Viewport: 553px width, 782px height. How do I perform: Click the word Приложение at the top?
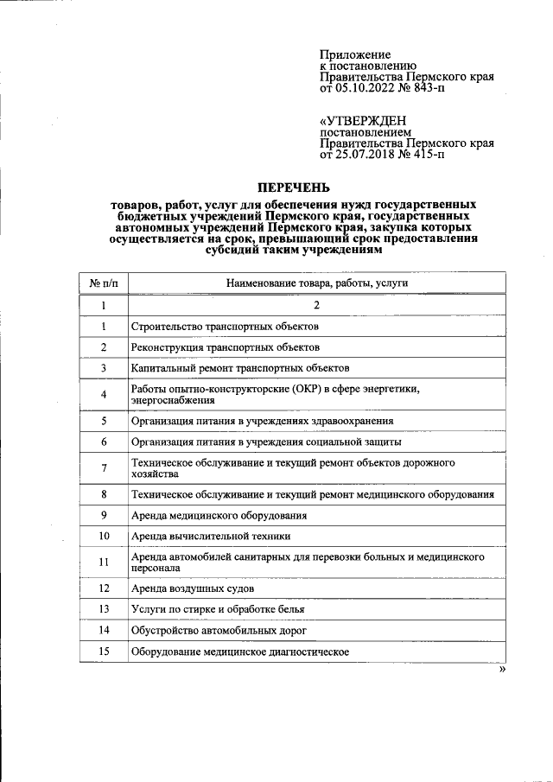[x=355, y=54]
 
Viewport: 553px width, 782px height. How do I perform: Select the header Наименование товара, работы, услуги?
[x=316, y=283]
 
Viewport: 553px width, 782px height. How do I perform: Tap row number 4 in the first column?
[x=103, y=395]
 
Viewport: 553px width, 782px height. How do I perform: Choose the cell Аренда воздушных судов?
[x=192, y=588]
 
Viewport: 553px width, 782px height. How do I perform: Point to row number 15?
[x=103, y=652]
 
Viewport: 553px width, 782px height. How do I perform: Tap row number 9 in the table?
[x=103, y=516]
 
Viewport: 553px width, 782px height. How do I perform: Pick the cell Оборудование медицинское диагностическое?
[x=239, y=652]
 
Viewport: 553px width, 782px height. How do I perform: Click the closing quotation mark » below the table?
[x=501, y=671]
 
